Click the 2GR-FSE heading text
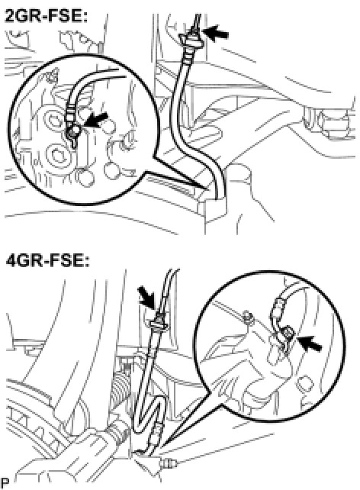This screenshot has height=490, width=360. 47,16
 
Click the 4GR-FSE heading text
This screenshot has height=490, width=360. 47,260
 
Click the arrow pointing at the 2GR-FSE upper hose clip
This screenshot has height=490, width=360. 215,33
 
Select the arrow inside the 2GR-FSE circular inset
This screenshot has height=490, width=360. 95,121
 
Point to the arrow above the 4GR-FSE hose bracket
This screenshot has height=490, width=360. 147,297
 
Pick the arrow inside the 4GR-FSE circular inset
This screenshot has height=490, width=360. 310,343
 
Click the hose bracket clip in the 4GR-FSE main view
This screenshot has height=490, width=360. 159,323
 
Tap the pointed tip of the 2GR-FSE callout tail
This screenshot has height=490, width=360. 207,189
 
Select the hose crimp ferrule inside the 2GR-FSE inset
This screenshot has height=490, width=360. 71,112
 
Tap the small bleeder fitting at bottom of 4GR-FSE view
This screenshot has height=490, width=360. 169,463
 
